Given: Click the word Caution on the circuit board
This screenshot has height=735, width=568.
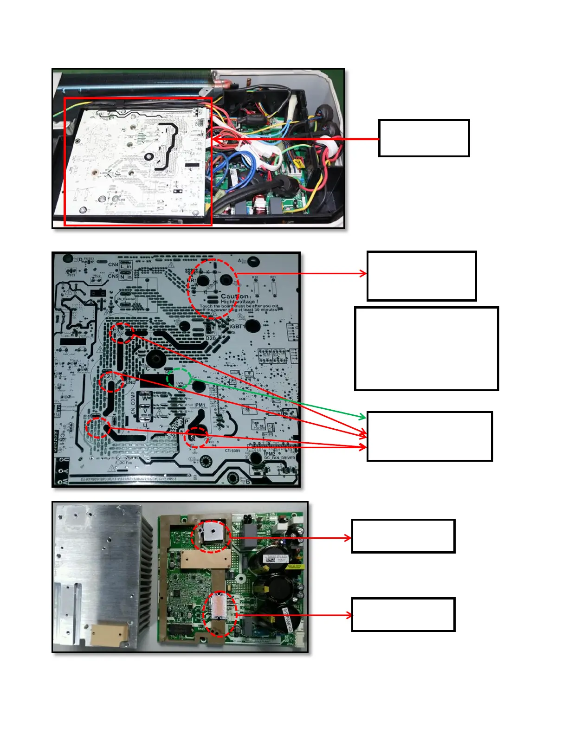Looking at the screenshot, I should click(x=235, y=296).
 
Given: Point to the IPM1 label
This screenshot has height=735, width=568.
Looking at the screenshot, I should click(x=200, y=405).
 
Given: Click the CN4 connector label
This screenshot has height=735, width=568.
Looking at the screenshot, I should click(x=113, y=264).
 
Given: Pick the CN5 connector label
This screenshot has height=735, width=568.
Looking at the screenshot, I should click(x=113, y=276).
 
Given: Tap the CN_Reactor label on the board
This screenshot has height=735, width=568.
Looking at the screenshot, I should click(x=126, y=299).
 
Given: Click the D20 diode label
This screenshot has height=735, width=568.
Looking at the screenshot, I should click(x=211, y=338).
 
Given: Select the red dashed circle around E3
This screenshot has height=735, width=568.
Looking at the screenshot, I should click(x=122, y=332).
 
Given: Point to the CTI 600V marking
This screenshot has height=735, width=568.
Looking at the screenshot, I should click(x=232, y=451).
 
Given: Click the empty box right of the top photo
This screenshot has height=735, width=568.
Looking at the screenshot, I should click(x=424, y=138).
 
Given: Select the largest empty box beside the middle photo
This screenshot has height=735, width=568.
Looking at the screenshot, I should click(x=426, y=348).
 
